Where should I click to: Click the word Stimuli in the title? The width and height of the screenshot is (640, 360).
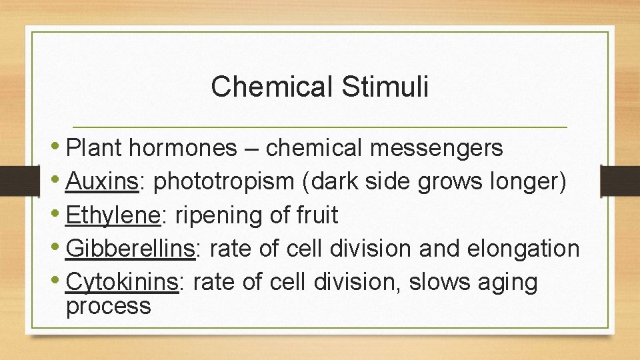tap(386, 87)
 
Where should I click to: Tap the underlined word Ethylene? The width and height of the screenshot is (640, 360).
tap(113, 215)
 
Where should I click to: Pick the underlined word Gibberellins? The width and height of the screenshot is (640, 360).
tap(131, 249)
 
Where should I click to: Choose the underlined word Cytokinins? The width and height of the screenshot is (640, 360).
tap(123, 282)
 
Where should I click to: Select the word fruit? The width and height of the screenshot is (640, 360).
tap(315, 215)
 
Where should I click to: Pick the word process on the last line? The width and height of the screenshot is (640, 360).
tap(109, 306)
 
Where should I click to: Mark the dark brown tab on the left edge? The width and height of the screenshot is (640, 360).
tap(12, 181)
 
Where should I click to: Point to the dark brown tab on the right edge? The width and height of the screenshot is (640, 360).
tap(620, 181)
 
